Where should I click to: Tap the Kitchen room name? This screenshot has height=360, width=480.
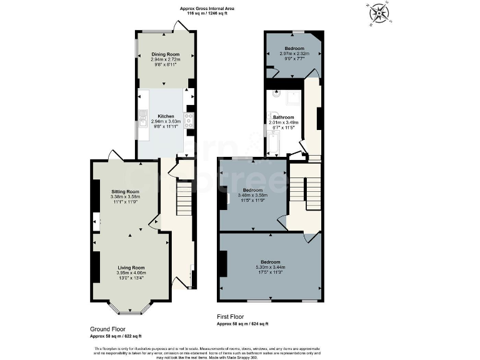click(x=166, y=116)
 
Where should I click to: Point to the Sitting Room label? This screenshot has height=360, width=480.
click(x=125, y=191)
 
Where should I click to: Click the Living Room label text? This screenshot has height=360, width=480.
click(x=131, y=267)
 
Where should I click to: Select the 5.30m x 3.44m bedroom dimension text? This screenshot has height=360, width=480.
click(x=270, y=267)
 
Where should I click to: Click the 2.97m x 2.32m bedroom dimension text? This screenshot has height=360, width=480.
click(x=294, y=54)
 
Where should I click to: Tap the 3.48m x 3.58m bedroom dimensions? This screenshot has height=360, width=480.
click(x=252, y=195)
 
